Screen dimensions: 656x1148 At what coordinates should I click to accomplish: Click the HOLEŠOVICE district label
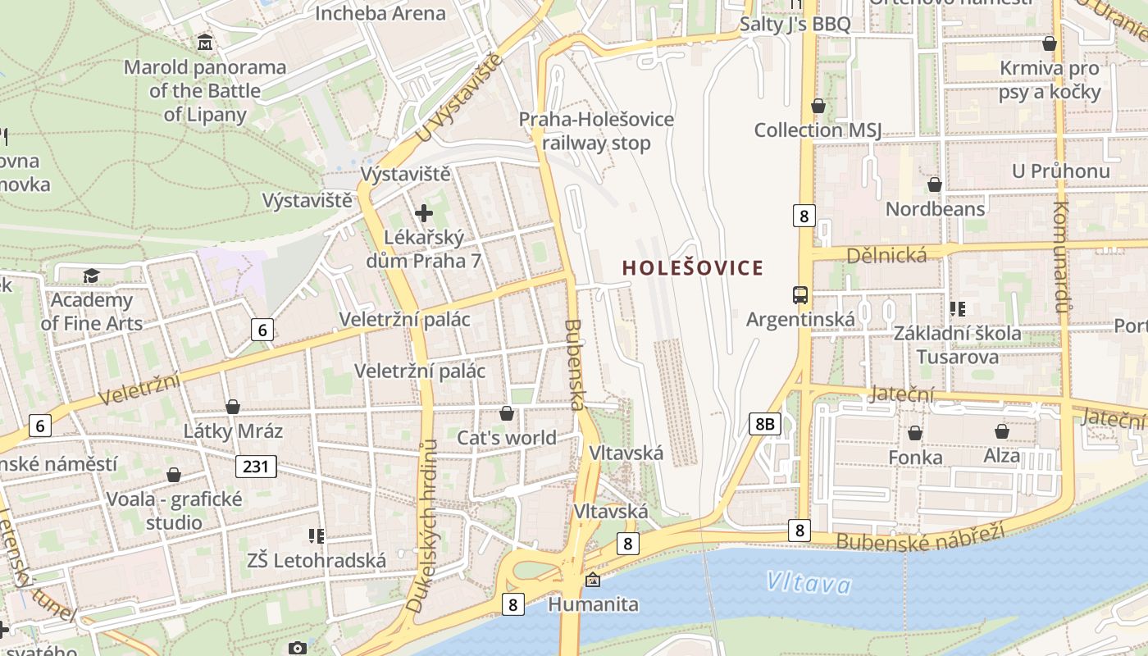(693, 268)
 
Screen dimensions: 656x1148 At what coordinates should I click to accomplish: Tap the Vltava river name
(809, 583)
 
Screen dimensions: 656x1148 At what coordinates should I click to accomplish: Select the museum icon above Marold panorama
(205, 42)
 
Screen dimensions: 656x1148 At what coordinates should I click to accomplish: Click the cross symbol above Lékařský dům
(424, 214)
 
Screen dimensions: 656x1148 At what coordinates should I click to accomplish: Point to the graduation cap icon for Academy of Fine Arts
(91, 276)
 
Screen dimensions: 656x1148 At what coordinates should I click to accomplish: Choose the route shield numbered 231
(256, 467)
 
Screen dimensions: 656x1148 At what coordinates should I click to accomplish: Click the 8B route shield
(764, 424)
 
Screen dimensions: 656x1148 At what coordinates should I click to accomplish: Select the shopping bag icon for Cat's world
(507, 413)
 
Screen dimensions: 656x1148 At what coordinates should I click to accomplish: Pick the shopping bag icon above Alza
(1001, 431)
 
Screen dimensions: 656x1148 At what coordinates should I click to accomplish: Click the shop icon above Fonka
(915, 432)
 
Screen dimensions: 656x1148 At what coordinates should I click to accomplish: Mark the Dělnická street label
(887, 255)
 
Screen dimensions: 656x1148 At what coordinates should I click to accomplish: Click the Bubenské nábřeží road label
(920, 535)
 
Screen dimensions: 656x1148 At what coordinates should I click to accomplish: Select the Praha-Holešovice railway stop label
(596, 131)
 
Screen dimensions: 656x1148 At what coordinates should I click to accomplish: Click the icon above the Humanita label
(593, 581)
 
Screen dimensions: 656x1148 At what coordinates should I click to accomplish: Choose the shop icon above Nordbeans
(934, 184)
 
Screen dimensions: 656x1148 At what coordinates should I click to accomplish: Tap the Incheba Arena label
(380, 13)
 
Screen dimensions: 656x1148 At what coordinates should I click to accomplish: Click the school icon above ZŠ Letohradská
(317, 536)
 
